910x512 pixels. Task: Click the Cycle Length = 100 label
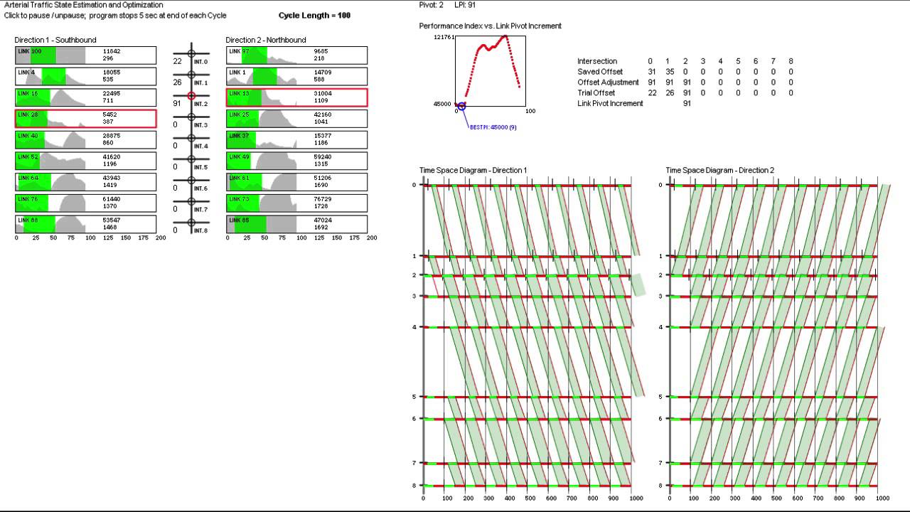pyautogui.click(x=314, y=16)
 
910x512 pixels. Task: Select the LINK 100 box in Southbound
pyautogui.click(x=85, y=55)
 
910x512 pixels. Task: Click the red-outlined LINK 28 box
pyautogui.click(x=85, y=119)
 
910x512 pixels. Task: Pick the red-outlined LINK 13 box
pyautogui.click(x=296, y=97)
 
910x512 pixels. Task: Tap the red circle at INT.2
pyautogui.click(x=191, y=96)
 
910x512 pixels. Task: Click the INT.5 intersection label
pyautogui.click(x=200, y=168)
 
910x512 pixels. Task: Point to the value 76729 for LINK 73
pyautogui.click(x=323, y=199)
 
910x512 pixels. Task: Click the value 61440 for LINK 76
pyautogui.click(x=112, y=199)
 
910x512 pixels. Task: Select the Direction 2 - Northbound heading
pyautogui.click(x=266, y=40)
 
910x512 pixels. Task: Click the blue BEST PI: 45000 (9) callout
pyautogui.click(x=493, y=127)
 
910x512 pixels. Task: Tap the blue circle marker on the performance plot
pyautogui.click(x=461, y=106)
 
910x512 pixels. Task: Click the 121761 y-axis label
pyautogui.click(x=443, y=37)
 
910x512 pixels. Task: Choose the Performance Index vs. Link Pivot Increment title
pyautogui.click(x=490, y=26)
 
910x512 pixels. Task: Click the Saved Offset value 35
pyautogui.click(x=668, y=72)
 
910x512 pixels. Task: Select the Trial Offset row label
pyautogui.click(x=596, y=93)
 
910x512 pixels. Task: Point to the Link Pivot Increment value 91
pyautogui.click(x=687, y=104)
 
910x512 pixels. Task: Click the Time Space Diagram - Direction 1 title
pyautogui.click(x=473, y=171)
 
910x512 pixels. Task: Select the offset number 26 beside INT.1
pyautogui.click(x=177, y=82)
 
